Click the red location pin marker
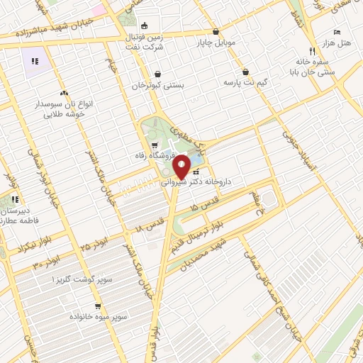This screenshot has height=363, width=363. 181,167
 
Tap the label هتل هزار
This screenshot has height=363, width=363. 339,44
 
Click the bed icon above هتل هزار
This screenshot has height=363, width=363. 337,33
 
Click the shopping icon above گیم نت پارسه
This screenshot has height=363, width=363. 245,72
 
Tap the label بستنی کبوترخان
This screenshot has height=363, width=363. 157,85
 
